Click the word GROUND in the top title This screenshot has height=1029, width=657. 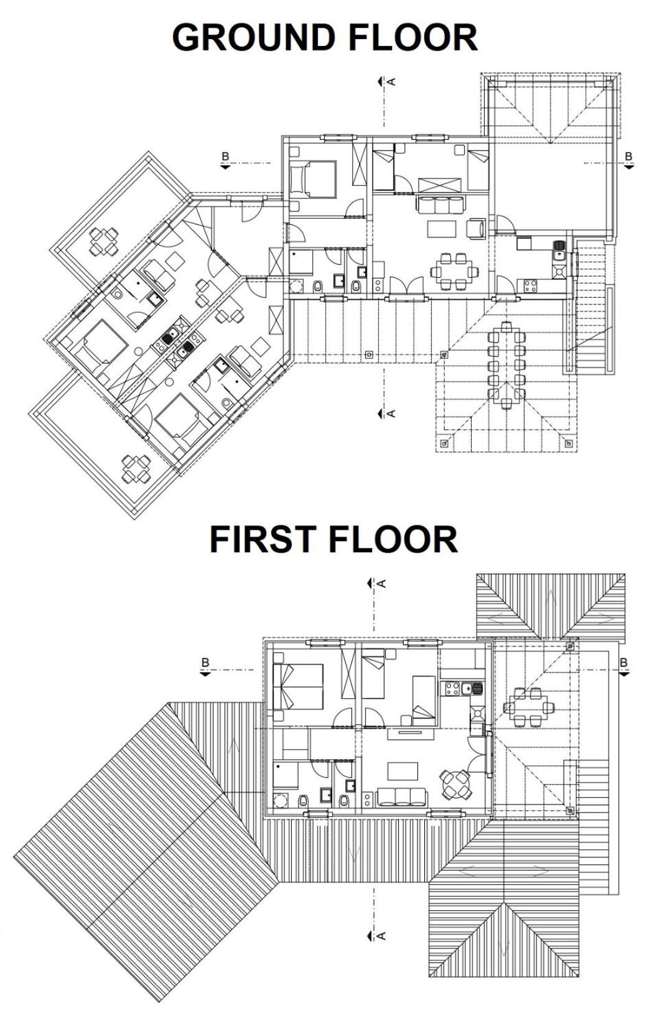(x=253, y=37)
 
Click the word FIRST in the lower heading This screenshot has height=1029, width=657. (x=263, y=539)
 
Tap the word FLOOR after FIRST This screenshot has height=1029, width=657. (x=393, y=539)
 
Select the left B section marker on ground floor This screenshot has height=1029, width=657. (x=225, y=160)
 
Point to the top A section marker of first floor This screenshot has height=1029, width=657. (x=376, y=583)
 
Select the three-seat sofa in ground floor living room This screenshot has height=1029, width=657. (x=440, y=204)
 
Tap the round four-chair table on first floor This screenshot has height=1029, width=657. (x=454, y=785)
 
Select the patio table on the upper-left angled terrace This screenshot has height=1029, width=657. (x=103, y=241)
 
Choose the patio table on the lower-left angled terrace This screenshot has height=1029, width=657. (x=136, y=468)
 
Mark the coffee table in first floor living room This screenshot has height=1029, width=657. (x=403, y=771)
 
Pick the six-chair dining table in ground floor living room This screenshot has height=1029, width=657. (x=451, y=271)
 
